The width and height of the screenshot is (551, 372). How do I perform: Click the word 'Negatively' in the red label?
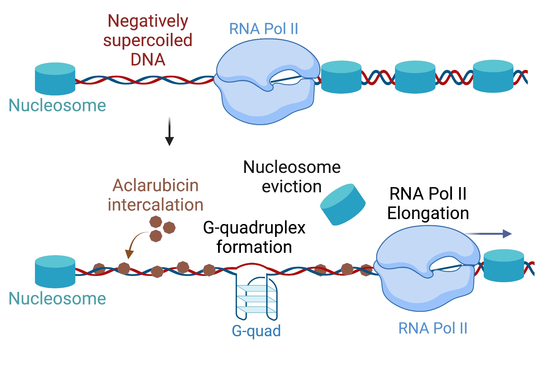[x=148, y=21]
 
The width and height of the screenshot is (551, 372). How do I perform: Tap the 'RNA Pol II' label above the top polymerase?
[x=264, y=29]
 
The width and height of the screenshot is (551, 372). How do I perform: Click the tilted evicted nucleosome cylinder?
[x=343, y=205]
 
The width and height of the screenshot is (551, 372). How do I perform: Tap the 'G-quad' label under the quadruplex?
[x=256, y=331]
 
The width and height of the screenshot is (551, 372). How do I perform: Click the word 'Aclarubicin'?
[x=155, y=186]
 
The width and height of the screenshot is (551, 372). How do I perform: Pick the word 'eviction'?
[x=292, y=187]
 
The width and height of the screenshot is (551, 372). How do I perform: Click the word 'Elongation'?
[x=428, y=213]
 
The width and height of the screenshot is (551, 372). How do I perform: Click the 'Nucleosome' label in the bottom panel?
[x=57, y=299]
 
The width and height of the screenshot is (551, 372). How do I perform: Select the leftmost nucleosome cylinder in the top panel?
[x=55, y=79]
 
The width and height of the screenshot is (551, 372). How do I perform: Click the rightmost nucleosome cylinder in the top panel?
[x=493, y=76]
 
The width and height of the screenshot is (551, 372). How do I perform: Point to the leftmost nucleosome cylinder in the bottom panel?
[x=55, y=272]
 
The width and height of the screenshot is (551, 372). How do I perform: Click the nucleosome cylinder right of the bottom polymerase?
[x=504, y=266]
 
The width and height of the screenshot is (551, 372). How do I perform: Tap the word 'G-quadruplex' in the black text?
[x=254, y=228]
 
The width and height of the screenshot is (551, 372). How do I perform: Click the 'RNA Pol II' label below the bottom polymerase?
[x=433, y=328]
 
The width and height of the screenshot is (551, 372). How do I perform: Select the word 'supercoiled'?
[x=148, y=40]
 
